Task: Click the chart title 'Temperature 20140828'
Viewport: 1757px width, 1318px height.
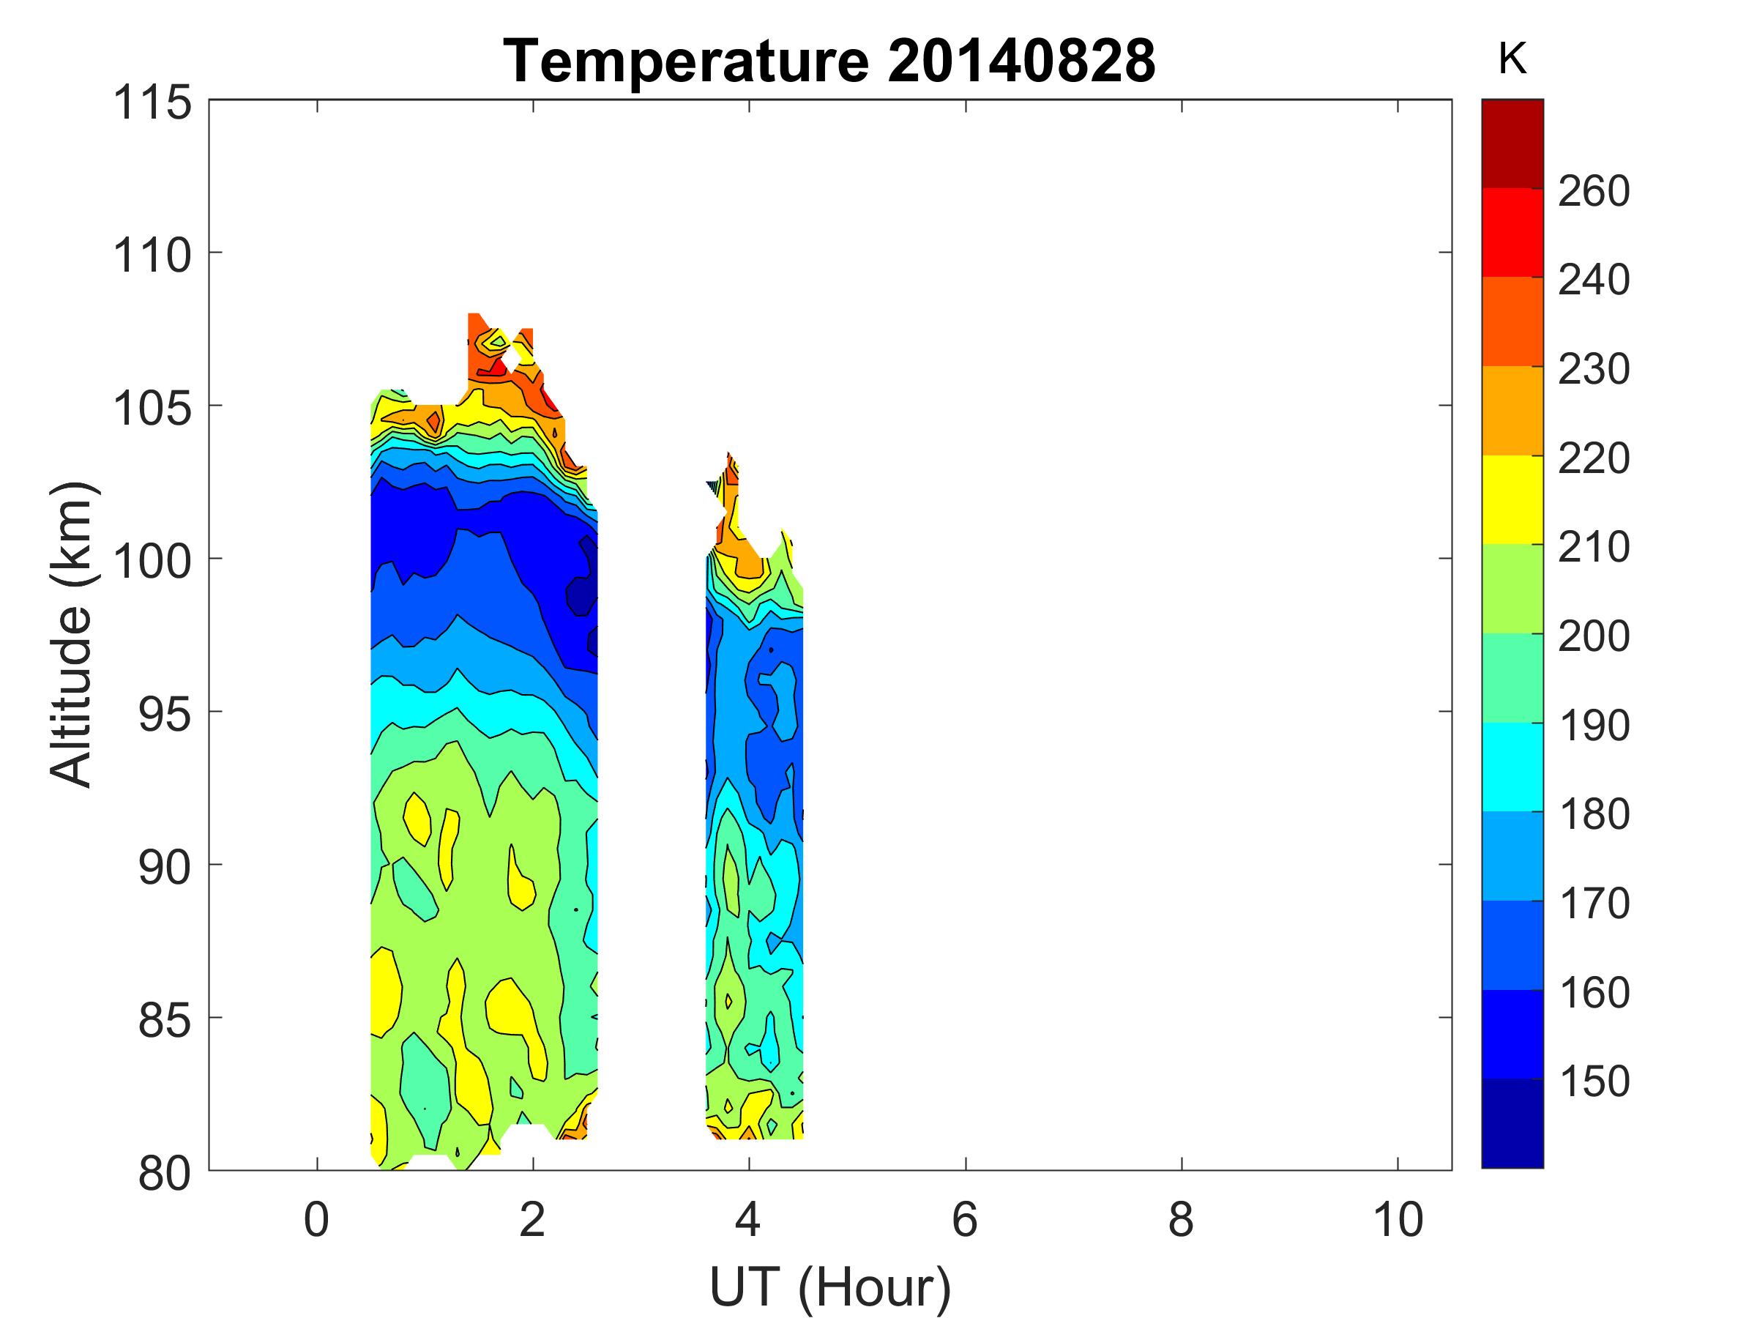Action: [x=829, y=60]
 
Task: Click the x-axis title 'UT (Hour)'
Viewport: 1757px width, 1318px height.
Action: [x=829, y=1287]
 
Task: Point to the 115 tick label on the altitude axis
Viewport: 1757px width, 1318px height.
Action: [x=153, y=103]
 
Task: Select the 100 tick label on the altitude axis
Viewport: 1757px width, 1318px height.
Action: [x=153, y=562]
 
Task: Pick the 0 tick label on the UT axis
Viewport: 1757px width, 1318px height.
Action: [x=316, y=1219]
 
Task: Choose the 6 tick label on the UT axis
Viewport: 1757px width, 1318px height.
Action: [x=964, y=1219]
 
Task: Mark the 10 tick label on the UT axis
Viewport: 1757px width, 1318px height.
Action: [x=1397, y=1219]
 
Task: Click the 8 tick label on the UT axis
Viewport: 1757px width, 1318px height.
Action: [x=1180, y=1219]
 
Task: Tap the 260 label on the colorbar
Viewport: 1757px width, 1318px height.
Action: [x=1593, y=191]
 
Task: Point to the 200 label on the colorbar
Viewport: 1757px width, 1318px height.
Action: [x=1593, y=636]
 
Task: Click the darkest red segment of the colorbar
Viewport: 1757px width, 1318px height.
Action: [x=1512, y=144]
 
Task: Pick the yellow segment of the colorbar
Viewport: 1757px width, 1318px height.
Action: [x=1512, y=499]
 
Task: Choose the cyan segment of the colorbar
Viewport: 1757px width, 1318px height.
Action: [x=1512, y=767]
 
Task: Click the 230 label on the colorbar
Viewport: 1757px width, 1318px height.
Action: [x=1593, y=370]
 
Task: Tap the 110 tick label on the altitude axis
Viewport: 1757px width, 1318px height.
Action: [x=153, y=256]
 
